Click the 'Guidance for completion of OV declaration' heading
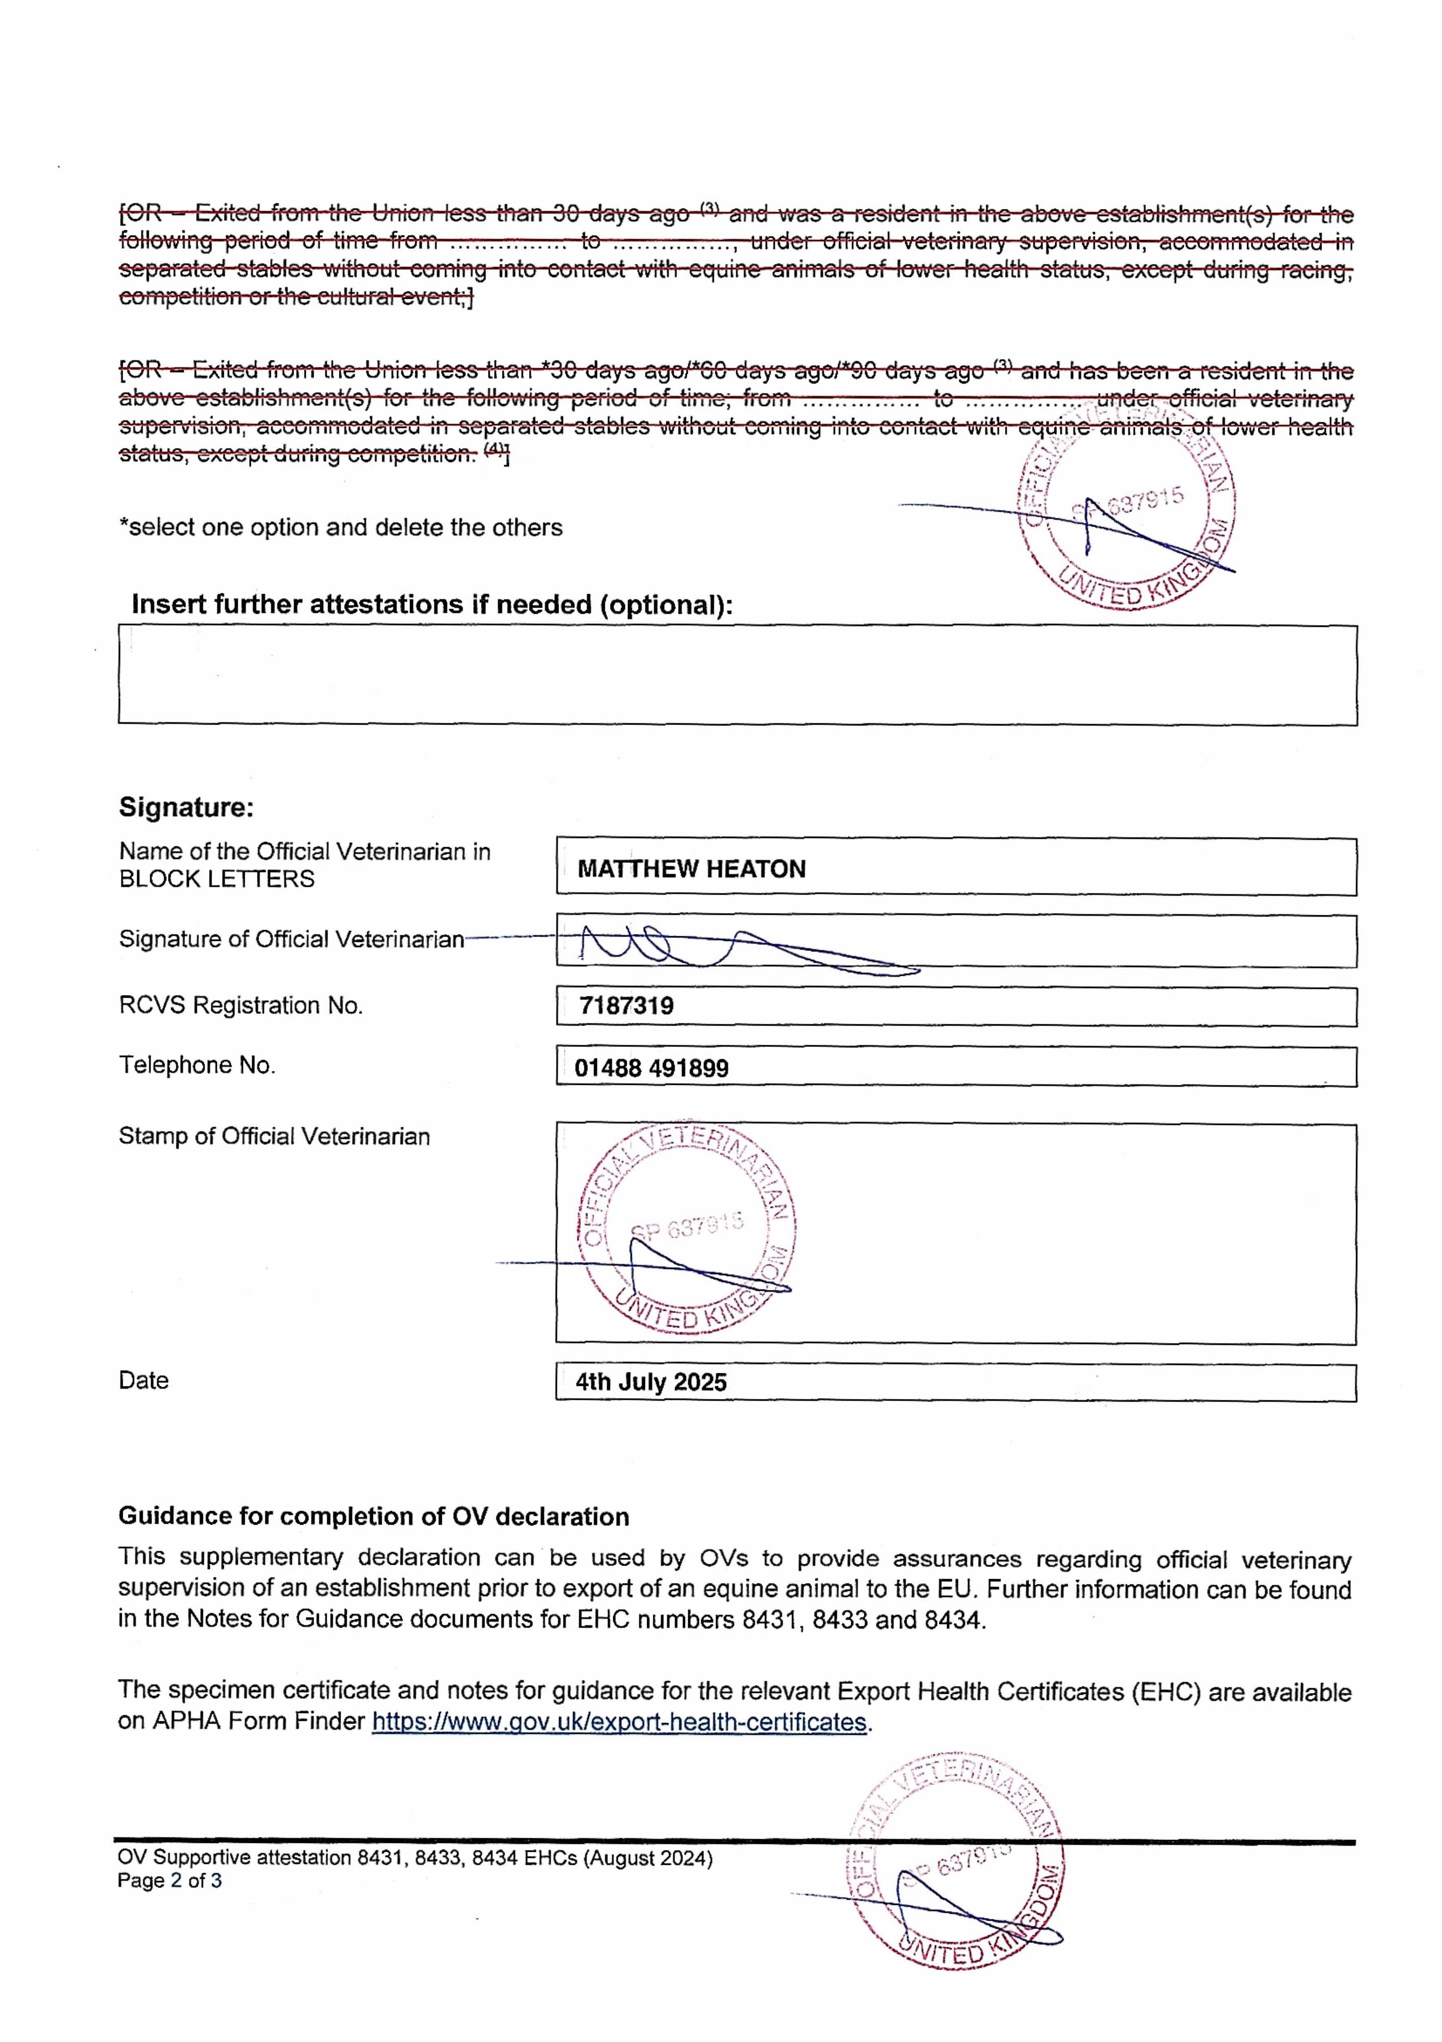(373, 1516)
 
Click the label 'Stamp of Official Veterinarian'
(274, 1137)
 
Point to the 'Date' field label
(143, 1380)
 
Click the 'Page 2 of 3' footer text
(170, 1881)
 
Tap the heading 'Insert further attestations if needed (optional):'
(432, 605)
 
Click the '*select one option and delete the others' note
(340, 527)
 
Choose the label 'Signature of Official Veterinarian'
(291, 940)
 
